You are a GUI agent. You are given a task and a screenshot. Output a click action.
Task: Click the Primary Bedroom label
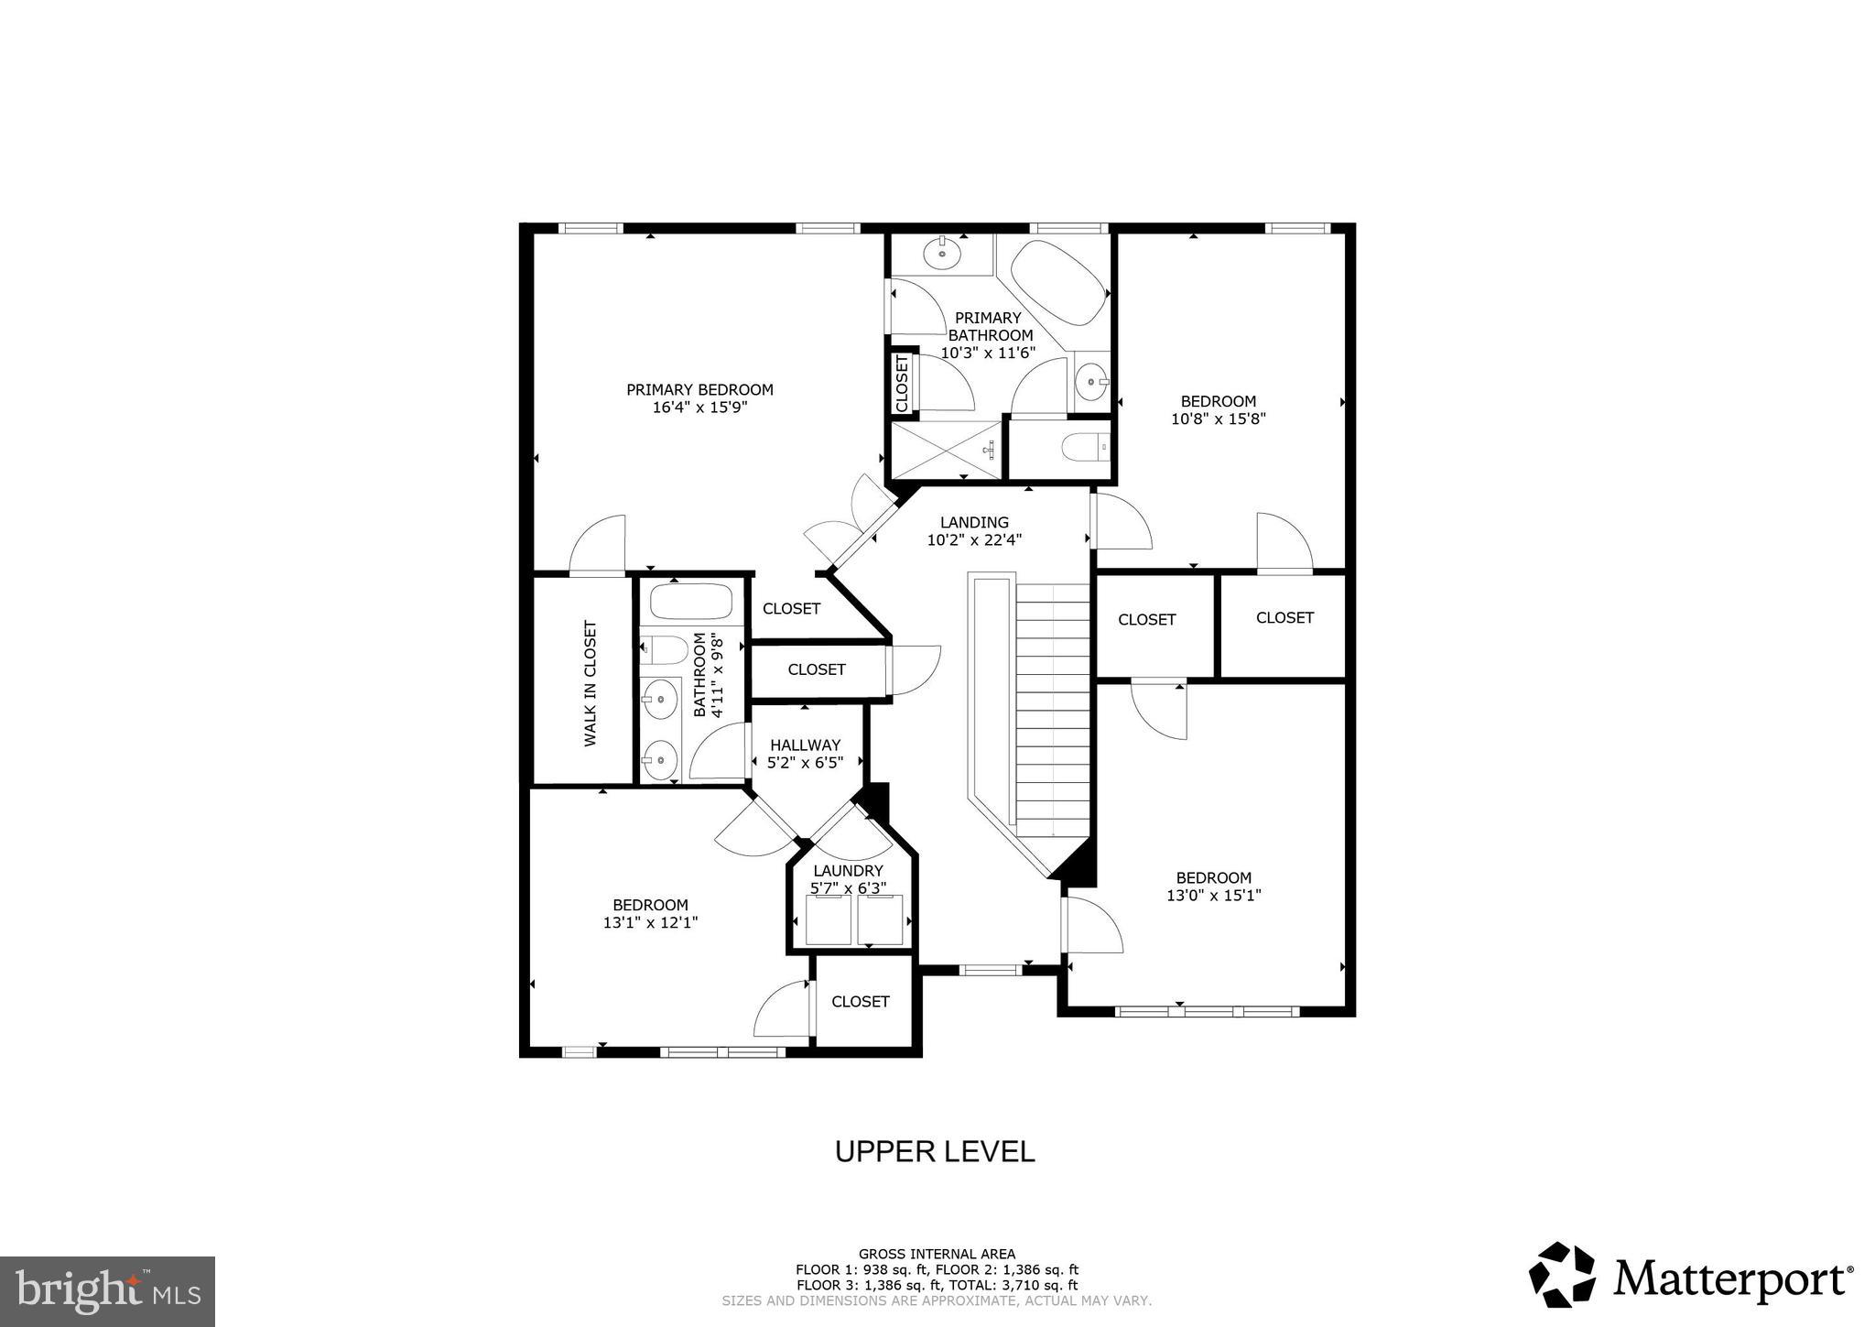click(699, 389)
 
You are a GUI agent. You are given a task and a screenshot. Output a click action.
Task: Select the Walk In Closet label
click(591, 683)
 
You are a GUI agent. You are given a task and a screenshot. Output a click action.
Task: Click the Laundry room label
click(848, 870)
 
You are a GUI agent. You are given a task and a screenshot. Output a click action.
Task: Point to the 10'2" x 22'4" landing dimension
click(974, 540)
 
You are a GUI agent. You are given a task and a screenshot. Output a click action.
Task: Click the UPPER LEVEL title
click(935, 1151)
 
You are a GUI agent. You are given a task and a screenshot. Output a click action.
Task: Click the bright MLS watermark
click(107, 1291)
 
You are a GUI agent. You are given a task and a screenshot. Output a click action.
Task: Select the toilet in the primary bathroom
click(1085, 448)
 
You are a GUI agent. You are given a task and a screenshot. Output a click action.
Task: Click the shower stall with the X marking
click(947, 450)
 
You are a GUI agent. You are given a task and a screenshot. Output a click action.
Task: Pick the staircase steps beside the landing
click(1053, 705)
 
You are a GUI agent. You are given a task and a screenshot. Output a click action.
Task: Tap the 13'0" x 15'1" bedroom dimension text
click(1213, 896)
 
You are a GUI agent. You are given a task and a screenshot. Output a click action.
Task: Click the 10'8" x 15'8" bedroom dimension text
click(1218, 419)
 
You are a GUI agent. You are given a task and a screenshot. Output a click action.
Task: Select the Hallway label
click(805, 745)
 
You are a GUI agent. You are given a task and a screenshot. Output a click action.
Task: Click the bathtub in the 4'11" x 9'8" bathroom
click(691, 603)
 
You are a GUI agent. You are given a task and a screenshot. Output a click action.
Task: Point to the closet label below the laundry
click(860, 1001)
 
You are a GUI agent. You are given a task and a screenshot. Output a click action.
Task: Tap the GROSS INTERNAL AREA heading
click(937, 1254)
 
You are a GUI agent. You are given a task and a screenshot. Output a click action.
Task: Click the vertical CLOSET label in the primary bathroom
click(902, 383)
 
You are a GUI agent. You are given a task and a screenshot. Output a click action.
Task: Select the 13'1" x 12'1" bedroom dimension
click(650, 923)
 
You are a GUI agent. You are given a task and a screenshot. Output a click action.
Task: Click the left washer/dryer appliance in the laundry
click(829, 920)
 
